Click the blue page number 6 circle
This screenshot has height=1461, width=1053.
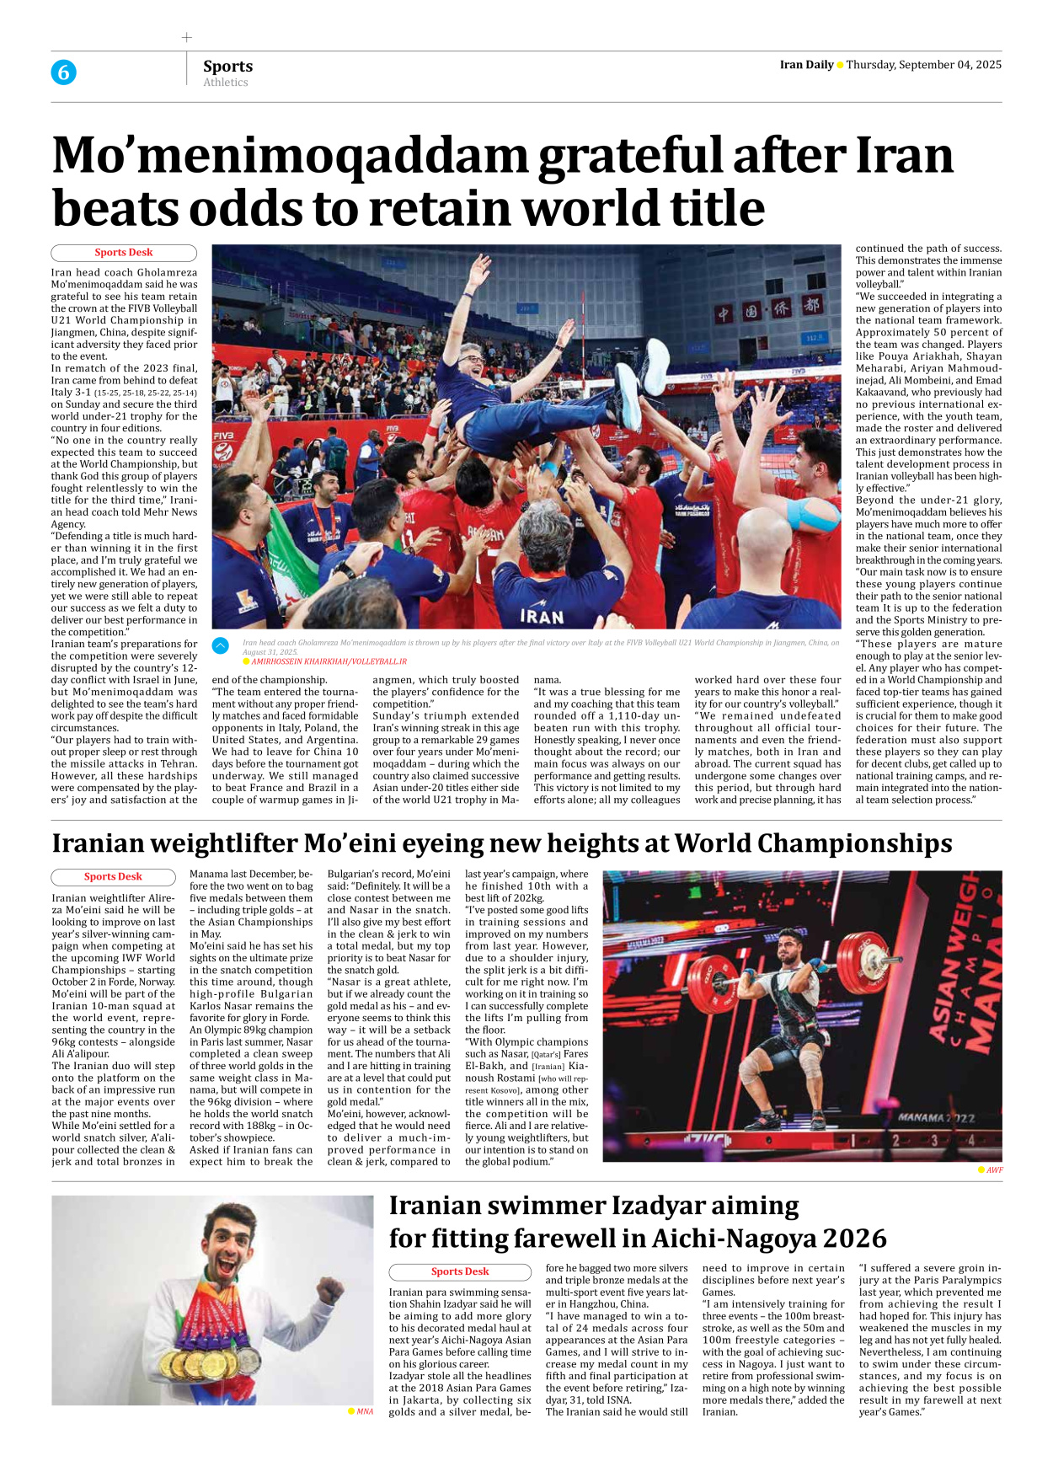click(x=63, y=72)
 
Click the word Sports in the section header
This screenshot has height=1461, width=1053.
click(x=227, y=66)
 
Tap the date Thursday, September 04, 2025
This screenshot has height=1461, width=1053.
click(x=923, y=65)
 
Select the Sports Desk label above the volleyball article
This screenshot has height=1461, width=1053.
click(x=124, y=253)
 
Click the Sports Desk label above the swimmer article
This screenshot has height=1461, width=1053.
click(x=460, y=1271)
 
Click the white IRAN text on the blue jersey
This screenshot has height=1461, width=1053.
click(x=542, y=616)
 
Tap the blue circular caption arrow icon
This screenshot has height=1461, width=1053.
click(x=221, y=645)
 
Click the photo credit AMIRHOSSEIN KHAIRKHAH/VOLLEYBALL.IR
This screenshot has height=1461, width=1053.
click(x=329, y=662)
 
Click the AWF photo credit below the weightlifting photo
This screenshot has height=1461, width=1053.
click(x=994, y=1169)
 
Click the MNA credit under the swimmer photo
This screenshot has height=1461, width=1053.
click(x=364, y=1411)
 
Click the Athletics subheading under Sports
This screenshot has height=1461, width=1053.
click(x=226, y=83)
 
